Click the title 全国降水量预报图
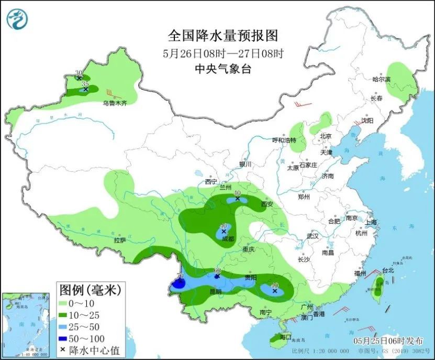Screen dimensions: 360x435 (x=222, y=36)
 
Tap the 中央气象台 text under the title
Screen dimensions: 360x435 (x=222, y=69)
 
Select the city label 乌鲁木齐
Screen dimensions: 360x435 (x=115, y=104)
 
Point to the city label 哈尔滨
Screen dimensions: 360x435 (x=382, y=80)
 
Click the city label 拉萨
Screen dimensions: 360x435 (x=120, y=241)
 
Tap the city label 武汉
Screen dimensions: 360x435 (x=313, y=236)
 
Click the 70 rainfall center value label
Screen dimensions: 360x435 (x=180, y=276)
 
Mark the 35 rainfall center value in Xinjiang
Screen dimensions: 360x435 (x=85, y=83)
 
